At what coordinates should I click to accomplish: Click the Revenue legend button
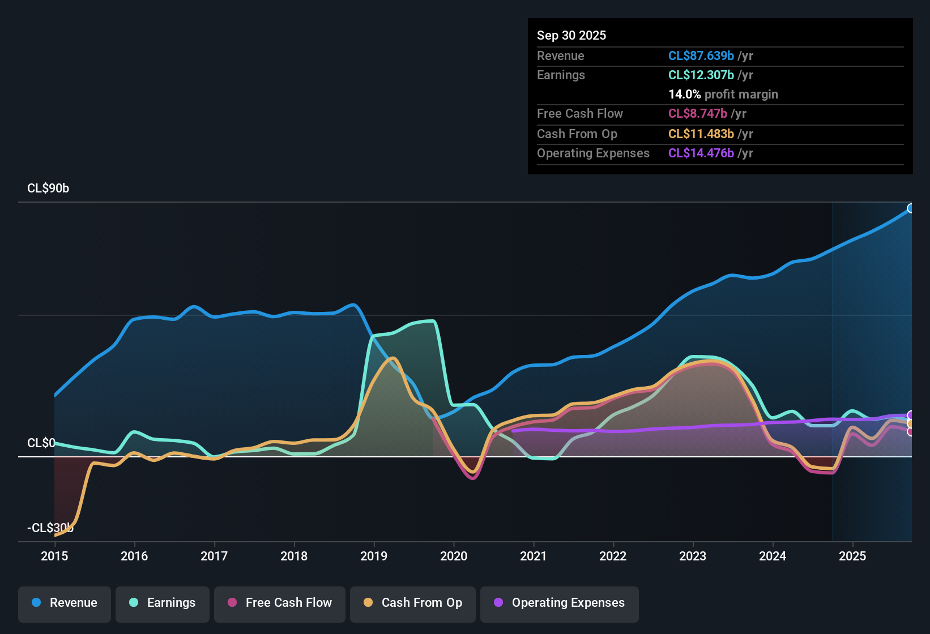click(65, 603)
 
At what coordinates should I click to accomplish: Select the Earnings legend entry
click(163, 603)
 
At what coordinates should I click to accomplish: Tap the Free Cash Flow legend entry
click(280, 603)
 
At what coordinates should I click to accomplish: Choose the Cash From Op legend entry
click(413, 603)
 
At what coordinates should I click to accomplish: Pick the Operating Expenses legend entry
click(560, 603)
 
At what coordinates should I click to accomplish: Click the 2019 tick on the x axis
click(374, 556)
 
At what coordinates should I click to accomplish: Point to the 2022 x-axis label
click(613, 556)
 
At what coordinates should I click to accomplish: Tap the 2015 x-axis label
click(54, 556)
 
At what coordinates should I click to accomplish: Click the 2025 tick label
click(852, 556)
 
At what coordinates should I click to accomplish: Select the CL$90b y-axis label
click(48, 189)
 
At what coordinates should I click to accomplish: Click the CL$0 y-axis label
click(41, 443)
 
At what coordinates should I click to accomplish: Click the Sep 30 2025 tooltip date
click(571, 36)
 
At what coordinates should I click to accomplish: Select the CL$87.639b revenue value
click(701, 56)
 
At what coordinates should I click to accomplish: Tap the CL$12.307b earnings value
click(701, 75)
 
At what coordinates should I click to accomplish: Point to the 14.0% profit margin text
click(723, 95)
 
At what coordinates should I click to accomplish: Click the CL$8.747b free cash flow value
click(698, 114)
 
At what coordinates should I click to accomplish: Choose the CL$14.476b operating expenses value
click(701, 153)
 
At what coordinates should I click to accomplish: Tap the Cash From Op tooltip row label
click(577, 134)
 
